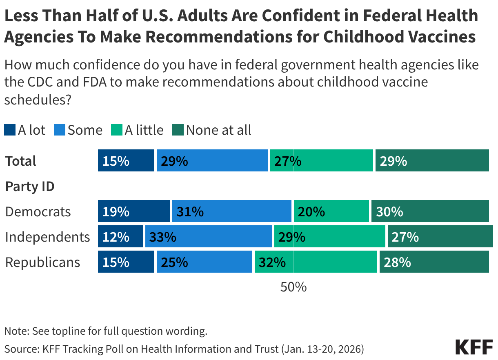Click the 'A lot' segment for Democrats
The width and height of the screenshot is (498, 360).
click(x=133, y=211)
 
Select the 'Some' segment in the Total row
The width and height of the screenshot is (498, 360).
click(x=212, y=160)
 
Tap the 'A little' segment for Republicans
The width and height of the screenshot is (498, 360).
click(x=316, y=262)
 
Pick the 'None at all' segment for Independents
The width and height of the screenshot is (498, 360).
click(x=440, y=237)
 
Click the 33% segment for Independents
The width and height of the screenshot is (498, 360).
click(x=208, y=237)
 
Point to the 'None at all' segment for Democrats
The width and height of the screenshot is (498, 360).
click(x=430, y=211)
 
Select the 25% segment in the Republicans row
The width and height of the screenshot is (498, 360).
click(x=204, y=262)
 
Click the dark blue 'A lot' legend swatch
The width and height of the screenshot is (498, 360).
click(x=10, y=130)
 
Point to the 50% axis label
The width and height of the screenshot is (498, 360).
click(x=293, y=287)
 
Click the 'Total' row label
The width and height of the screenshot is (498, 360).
click(x=21, y=161)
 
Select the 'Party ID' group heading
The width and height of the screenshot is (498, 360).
click(x=30, y=187)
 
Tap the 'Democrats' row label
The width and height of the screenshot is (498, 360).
click(x=38, y=212)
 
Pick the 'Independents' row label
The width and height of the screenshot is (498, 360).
click(x=47, y=237)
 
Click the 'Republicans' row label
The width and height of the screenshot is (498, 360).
click(x=42, y=262)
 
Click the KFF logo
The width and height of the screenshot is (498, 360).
click(x=474, y=347)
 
